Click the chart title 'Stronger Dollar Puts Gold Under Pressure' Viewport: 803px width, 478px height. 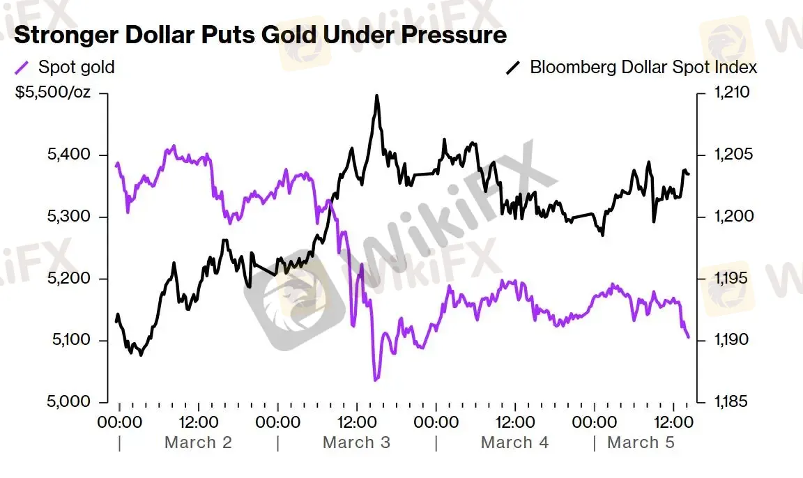(x=260, y=34)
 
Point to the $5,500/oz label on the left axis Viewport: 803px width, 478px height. (x=53, y=93)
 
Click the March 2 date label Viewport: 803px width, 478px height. (x=198, y=442)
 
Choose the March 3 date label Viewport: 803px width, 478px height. (x=356, y=442)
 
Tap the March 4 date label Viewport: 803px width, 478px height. (x=514, y=442)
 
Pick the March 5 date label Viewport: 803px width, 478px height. (x=641, y=442)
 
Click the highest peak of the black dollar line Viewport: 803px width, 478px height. (x=377, y=96)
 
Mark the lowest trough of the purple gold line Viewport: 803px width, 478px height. (x=375, y=380)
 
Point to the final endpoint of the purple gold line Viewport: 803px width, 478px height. (x=689, y=338)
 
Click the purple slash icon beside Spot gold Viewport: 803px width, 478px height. (x=22, y=68)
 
